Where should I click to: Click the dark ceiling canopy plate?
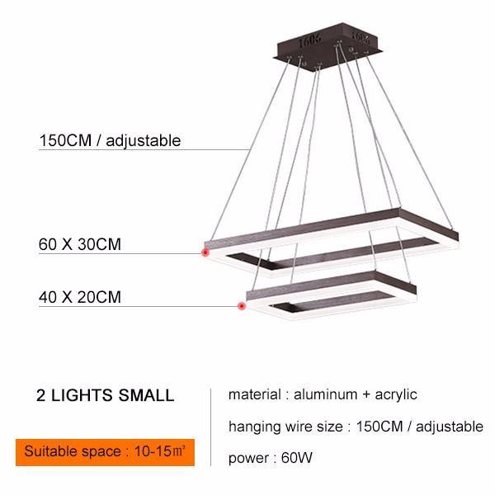pyautogui.click(x=329, y=45)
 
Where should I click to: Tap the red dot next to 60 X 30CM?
pyautogui.click(x=205, y=252)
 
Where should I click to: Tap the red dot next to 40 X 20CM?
pyautogui.click(x=242, y=306)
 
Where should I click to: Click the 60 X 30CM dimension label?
pyautogui.click(x=80, y=244)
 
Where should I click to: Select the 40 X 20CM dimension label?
pyautogui.click(x=80, y=297)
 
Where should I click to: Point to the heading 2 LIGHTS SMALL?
pyautogui.click(x=105, y=395)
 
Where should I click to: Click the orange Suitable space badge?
pyautogui.click(x=105, y=452)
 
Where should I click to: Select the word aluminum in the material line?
pyautogui.click(x=326, y=394)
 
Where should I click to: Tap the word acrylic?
pyautogui.click(x=396, y=395)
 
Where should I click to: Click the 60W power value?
pyautogui.click(x=297, y=458)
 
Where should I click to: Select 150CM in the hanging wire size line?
pyautogui.click(x=379, y=427)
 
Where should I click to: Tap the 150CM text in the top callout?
pyautogui.click(x=65, y=140)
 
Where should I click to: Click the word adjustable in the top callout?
pyautogui.click(x=144, y=141)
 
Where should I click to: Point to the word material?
pyautogui.click(x=254, y=394)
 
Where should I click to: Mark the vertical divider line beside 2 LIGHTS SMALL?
pyautogui.click(x=210, y=427)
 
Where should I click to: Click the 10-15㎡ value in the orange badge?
pyautogui.click(x=159, y=451)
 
